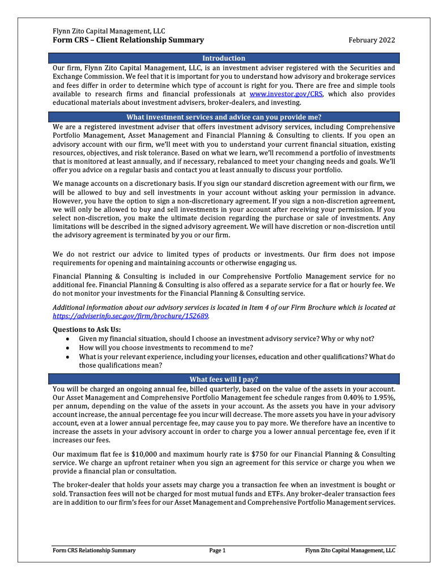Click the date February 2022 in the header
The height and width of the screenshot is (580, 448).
pos(372,40)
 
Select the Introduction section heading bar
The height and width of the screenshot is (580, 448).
pos(224,58)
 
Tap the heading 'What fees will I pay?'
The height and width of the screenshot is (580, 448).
pos(224,379)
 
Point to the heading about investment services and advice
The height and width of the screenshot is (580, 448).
pos(224,117)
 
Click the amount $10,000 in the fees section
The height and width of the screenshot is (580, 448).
pos(144,454)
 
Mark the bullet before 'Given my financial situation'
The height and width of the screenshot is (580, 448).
pos(68,339)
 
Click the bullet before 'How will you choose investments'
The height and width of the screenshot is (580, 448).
pos(68,348)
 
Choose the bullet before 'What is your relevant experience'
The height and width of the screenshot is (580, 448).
pos(68,357)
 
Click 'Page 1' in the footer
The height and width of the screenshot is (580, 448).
pos(217,550)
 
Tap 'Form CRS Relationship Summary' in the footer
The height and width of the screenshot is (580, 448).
pos(94,550)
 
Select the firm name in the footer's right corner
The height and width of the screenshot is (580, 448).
pos(350,550)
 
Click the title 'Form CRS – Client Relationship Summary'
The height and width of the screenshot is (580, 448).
pos(129,40)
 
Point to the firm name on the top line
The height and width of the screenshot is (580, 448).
pos(109,31)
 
